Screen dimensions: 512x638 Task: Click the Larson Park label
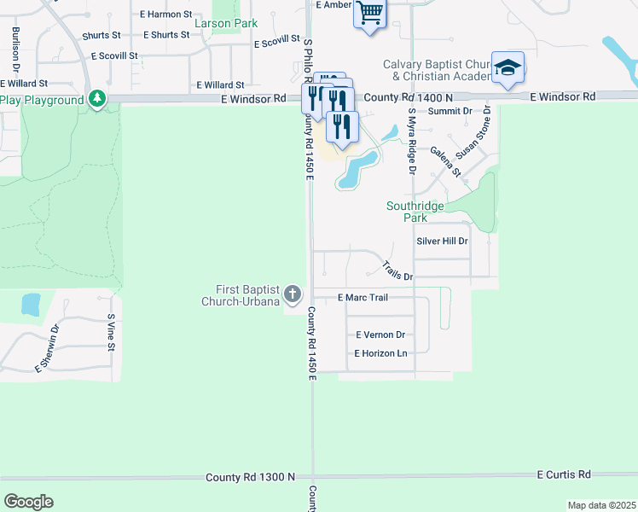tap(226, 23)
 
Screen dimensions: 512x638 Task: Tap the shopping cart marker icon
tap(370, 13)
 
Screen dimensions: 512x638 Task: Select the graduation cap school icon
tap(507, 67)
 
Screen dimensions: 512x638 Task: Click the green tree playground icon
tap(99, 100)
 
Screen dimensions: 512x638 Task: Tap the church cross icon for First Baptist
tap(293, 295)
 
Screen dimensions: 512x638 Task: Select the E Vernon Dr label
tap(380, 335)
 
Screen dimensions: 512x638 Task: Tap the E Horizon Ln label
tap(380, 353)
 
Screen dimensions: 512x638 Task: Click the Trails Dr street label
tap(397, 271)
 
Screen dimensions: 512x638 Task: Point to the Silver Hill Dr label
tap(442, 241)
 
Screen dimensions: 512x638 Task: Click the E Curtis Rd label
tap(564, 474)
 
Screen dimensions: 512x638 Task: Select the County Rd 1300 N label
tap(250, 477)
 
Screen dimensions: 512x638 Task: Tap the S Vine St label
tap(111, 333)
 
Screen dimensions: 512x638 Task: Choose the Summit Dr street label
tap(449, 112)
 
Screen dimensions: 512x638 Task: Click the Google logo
tap(28, 502)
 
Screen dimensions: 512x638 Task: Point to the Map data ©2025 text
tap(601, 505)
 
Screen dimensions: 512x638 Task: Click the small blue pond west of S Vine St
tap(31, 305)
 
